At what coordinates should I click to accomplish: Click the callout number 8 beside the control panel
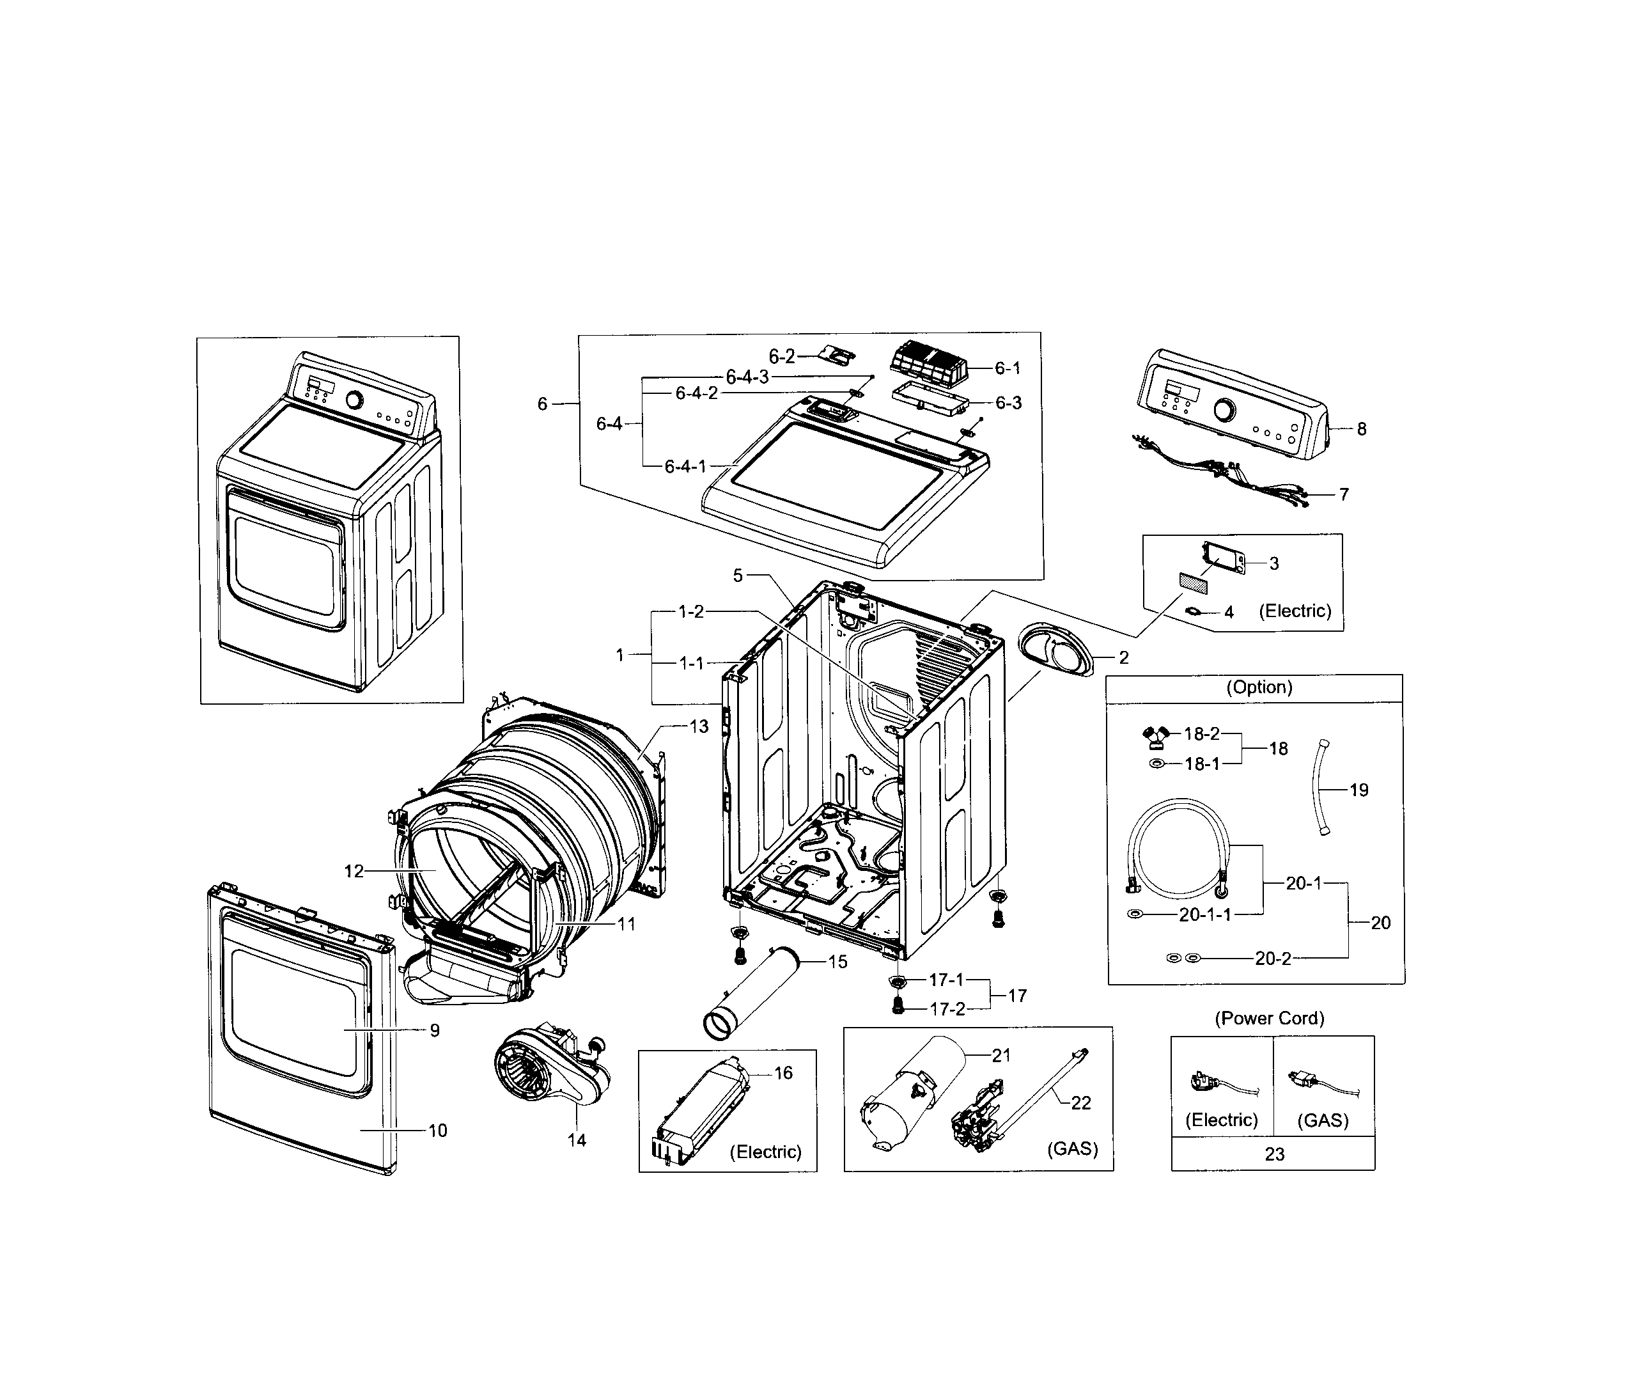click(1361, 429)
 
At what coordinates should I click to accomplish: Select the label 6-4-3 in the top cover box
click(747, 377)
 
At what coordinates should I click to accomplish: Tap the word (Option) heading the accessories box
click(1259, 687)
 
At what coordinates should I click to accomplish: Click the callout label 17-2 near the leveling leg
click(947, 1009)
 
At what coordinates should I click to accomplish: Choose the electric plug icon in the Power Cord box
click(1210, 1084)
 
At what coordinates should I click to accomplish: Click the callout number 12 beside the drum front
click(354, 871)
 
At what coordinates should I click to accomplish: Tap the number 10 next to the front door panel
click(437, 1130)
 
